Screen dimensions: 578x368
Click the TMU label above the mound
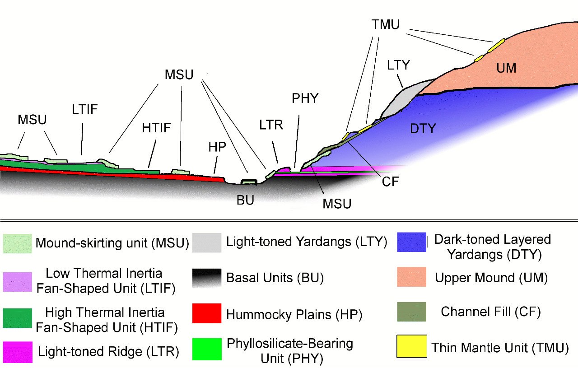point(386,24)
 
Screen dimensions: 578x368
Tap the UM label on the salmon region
point(506,68)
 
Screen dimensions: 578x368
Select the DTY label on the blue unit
point(423,129)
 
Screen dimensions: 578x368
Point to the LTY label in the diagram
point(398,65)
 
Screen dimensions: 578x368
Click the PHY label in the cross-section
point(305,98)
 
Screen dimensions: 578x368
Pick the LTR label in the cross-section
point(271,125)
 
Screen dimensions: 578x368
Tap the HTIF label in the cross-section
point(156,128)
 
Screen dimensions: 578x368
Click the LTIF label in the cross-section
point(84,109)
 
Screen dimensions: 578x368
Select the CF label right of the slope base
point(390,182)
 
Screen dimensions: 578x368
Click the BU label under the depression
point(245,200)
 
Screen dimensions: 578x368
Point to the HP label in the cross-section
point(217,147)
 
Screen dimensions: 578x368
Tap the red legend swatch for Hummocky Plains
point(207,313)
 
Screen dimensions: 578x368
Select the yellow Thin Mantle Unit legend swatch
point(411,346)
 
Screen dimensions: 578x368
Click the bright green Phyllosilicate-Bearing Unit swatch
point(207,349)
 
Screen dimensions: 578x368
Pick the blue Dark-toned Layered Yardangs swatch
point(411,242)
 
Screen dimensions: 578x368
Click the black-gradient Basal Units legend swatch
point(207,278)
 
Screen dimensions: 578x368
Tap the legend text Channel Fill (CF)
point(491,312)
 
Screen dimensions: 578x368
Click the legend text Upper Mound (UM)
point(491,278)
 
